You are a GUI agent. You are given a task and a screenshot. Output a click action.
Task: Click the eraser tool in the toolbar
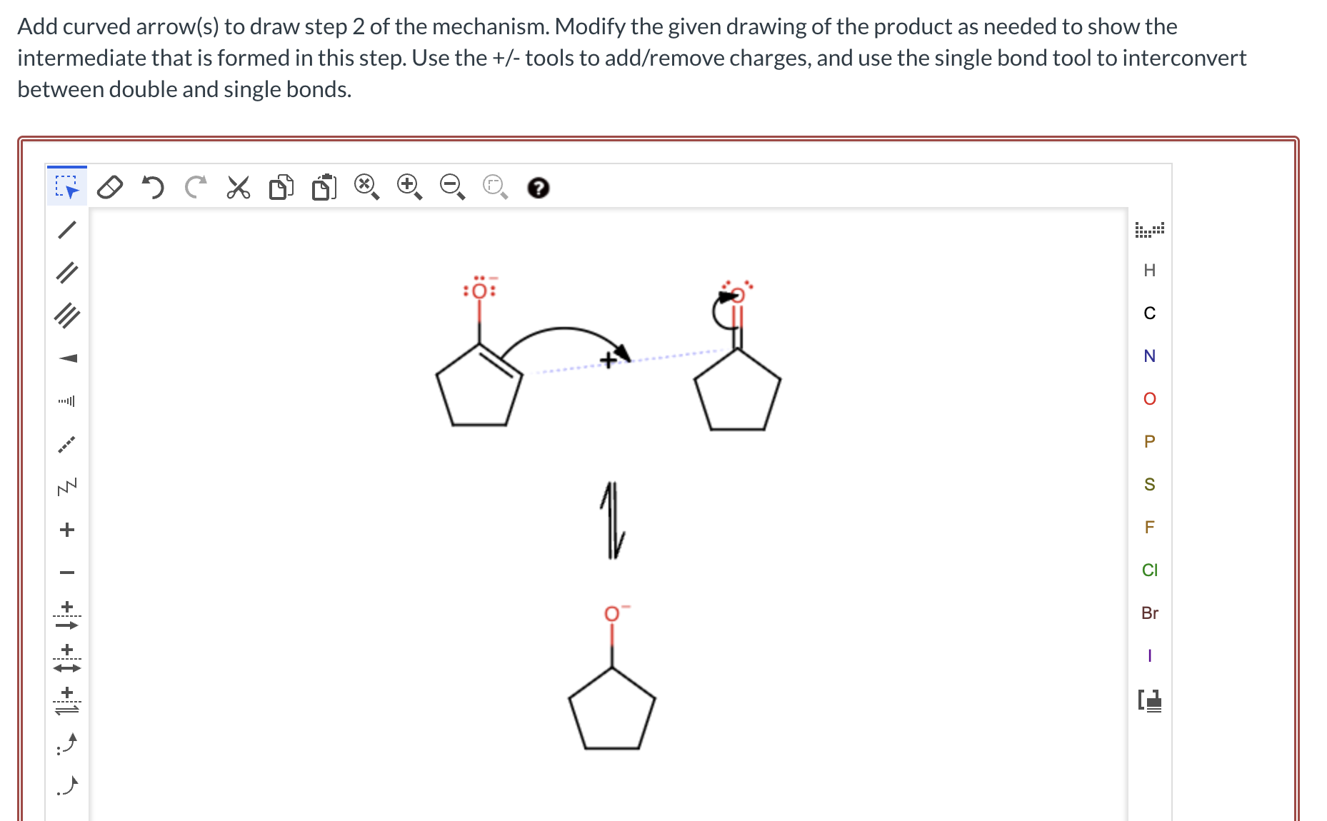click(x=109, y=187)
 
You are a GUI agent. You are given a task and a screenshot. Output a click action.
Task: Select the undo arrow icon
click(x=152, y=187)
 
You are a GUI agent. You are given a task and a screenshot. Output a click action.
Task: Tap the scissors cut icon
click(x=238, y=187)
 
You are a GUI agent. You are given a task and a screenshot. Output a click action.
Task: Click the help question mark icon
click(x=538, y=188)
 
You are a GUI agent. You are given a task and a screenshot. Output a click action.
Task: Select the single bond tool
click(x=67, y=229)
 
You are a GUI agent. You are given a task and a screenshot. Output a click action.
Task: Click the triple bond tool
click(x=67, y=315)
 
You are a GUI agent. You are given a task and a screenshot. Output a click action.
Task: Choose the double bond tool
click(x=67, y=272)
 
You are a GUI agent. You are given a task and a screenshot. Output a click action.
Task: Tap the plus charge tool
click(x=67, y=529)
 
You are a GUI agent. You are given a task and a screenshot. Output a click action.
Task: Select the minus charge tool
click(x=67, y=572)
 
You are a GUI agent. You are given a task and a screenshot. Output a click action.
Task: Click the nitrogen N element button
click(x=1149, y=356)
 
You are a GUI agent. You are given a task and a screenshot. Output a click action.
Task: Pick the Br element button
click(x=1149, y=613)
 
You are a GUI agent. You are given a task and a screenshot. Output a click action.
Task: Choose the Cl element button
click(x=1149, y=570)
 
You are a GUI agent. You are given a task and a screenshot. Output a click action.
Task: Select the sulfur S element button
click(x=1149, y=484)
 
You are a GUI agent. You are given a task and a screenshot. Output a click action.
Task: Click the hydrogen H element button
click(x=1149, y=270)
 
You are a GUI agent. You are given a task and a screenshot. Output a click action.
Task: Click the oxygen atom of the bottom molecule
click(x=612, y=614)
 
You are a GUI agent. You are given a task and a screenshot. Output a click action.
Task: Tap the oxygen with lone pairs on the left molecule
click(x=479, y=291)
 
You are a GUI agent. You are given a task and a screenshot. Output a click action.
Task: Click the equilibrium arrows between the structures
click(x=612, y=520)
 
